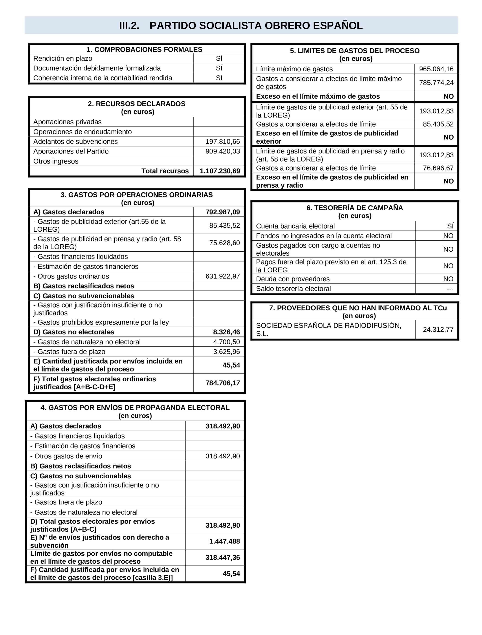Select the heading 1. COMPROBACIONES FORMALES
pyautogui.click(x=144, y=49)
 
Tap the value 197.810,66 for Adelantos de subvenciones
pyautogui.click(x=223, y=142)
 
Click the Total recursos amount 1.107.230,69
pyautogui.click(x=220, y=171)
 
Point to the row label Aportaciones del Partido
pyautogui.click(x=71, y=151)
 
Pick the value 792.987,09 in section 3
pyautogui.click(x=223, y=212)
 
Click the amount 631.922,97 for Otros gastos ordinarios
pyautogui.click(x=223, y=276)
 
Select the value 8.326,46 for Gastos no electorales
pyautogui.click(x=226, y=332)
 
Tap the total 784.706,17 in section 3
pyautogui.click(x=223, y=383)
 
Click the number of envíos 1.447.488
pyautogui.click(x=224, y=541)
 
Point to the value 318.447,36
pyautogui.click(x=223, y=557)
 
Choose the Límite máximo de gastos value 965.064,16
pyautogui.click(x=436, y=69)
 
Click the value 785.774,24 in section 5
pyautogui.click(x=436, y=83)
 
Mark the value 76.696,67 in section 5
pyautogui.click(x=438, y=168)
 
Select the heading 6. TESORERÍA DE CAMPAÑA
pyautogui.click(x=355, y=208)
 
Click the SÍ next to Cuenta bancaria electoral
pyautogui.click(x=450, y=226)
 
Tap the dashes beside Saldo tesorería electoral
pyautogui.click(x=450, y=289)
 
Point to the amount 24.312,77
pyautogui.click(x=438, y=329)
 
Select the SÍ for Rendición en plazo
pyautogui.click(x=219, y=59)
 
